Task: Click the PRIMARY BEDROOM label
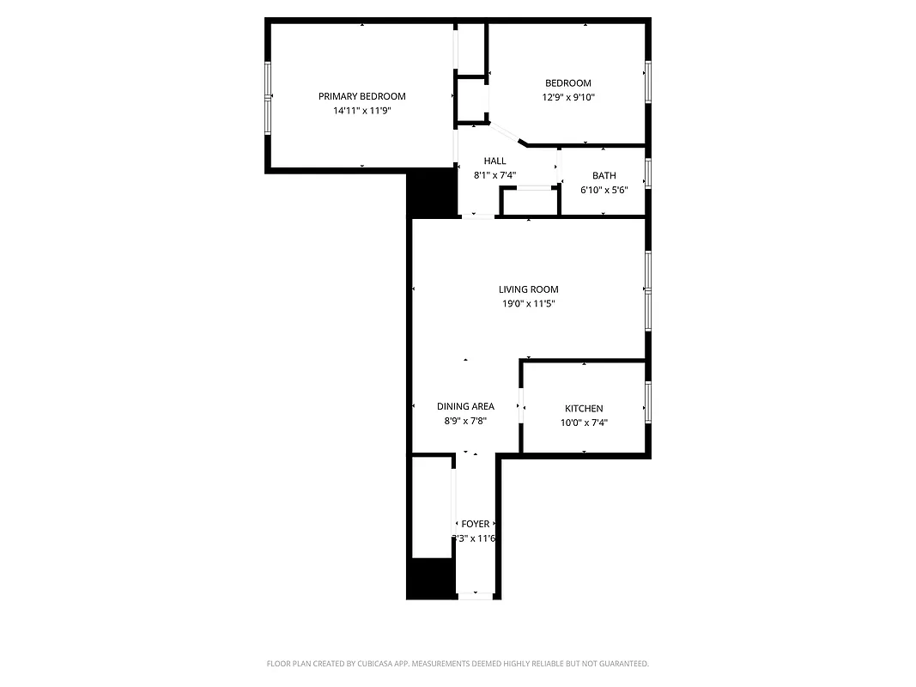click(361, 96)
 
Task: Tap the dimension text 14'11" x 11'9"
click(361, 111)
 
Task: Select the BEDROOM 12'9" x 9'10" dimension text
click(567, 98)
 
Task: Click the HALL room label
click(494, 161)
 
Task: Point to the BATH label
click(604, 175)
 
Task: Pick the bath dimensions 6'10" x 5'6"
click(604, 190)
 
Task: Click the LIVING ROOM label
click(528, 289)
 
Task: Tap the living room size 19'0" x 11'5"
click(528, 304)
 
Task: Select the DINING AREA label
click(465, 406)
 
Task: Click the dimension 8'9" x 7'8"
click(465, 421)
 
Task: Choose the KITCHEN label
click(584, 408)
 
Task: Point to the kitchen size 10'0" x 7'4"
click(584, 423)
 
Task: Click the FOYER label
click(475, 524)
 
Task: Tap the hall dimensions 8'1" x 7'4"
click(494, 175)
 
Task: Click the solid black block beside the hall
click(431, 192)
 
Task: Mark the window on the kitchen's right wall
click(648, 403)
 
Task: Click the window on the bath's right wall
click(648, 173)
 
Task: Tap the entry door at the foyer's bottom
click(475, 595)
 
